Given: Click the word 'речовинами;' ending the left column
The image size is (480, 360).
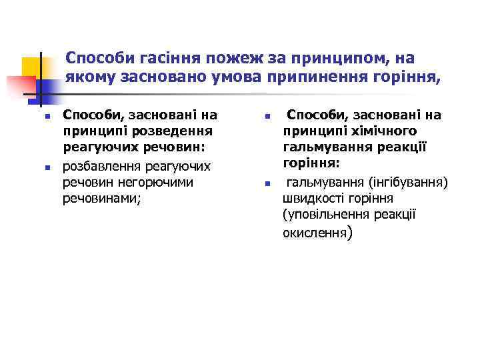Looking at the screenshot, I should point(102,199).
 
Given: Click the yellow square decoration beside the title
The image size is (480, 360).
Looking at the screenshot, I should point(32,67).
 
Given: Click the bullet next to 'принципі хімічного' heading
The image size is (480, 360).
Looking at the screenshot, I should point(265,116).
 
